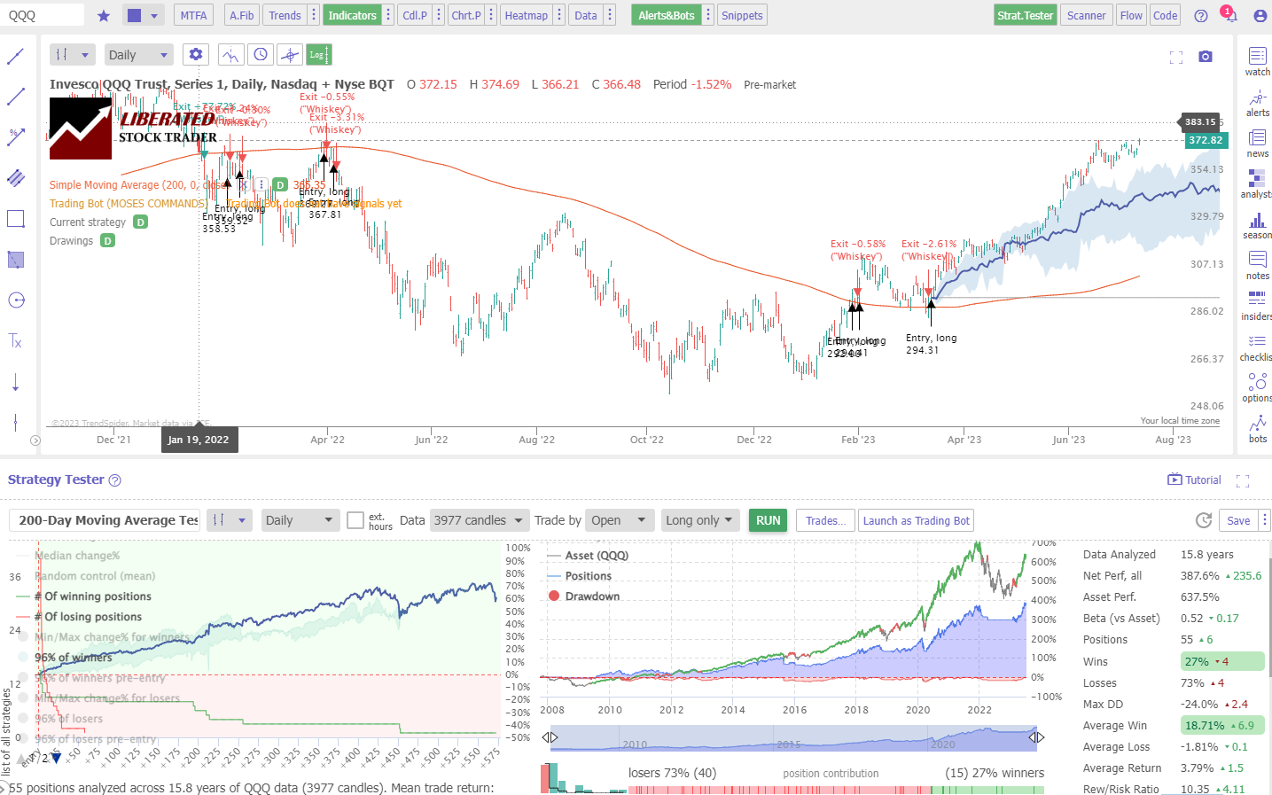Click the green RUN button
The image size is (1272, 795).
(769, 520)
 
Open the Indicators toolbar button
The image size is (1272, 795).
(352, 15)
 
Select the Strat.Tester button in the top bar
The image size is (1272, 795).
(1025, 15)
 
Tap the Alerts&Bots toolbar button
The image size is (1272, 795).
(666, 15)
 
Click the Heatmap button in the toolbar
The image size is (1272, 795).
(526, 15)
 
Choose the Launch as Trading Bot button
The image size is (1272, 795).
(917, 520)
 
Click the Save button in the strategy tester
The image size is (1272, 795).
(1238, 520)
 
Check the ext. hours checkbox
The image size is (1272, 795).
(355, 520)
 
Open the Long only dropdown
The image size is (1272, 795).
(700, 520)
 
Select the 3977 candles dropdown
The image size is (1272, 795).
(479, 520)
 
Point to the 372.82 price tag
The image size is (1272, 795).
(1206, 140)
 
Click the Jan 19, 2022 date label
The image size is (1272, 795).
(199, 440)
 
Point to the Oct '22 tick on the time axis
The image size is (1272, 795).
(647, 440)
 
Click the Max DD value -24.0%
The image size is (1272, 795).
(1199, 705)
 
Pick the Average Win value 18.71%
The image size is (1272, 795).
(1205, 726)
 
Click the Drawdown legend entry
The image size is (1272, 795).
(592, 596)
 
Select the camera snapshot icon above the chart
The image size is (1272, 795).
(1206, 57)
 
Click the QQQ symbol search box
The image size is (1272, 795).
(43, 15)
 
